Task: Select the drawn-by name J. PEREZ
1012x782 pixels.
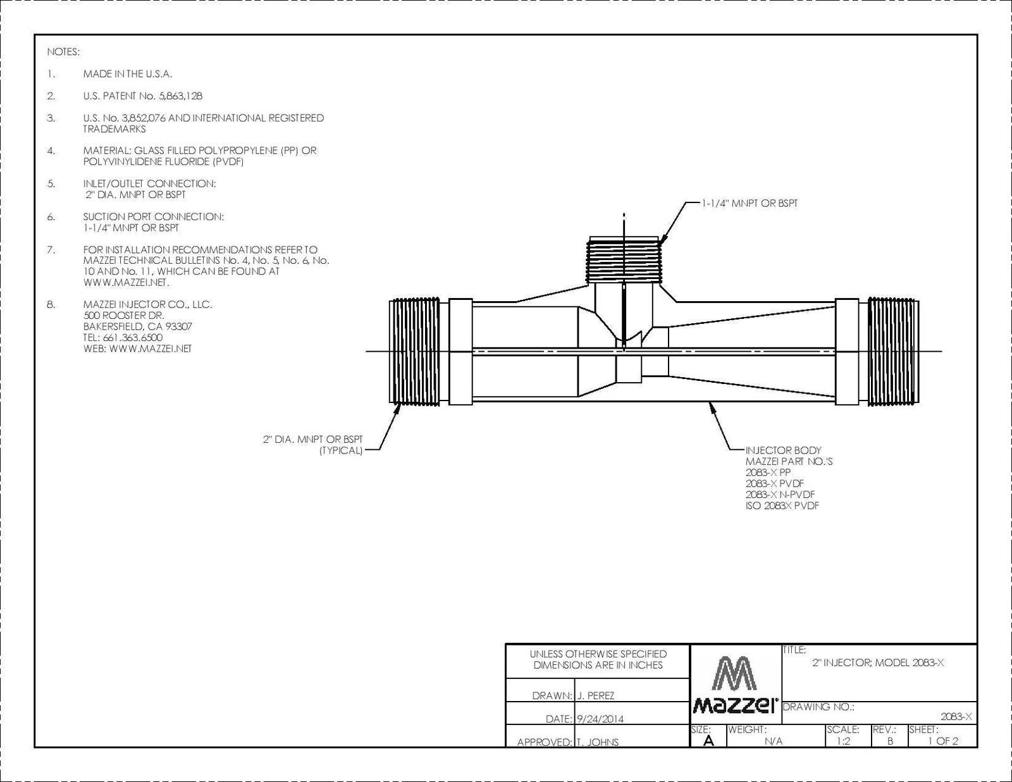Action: click(596, 696)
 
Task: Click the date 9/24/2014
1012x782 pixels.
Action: click(600, 719)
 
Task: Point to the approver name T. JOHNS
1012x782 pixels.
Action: click(598, 742)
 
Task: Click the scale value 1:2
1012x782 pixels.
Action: click(843, 741)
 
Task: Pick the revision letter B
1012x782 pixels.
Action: click(890, 741)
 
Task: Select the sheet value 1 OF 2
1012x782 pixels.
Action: click(943, 741)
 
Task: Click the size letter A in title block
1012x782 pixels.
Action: click(708, 741)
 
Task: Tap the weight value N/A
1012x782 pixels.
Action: click(774, 741)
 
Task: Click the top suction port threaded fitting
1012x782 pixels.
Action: click(624, 259)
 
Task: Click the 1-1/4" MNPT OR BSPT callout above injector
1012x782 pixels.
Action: click(750, 204)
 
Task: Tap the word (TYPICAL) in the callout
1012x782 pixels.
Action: click(340, 450)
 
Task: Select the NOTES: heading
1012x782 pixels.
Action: click(63, 52)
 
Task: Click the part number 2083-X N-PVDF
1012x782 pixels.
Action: click(780, 495)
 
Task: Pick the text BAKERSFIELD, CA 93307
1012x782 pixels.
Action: click(138, 326)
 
